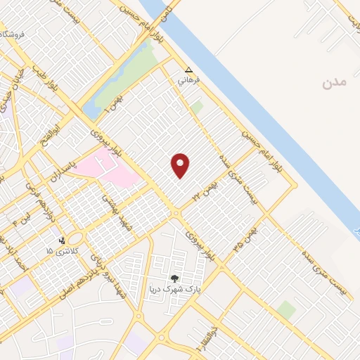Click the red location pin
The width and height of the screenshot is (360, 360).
tap(181, 165)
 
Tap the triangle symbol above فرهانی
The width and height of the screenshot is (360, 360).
tap(188, 70)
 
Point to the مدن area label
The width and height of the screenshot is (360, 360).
tap(335, 82)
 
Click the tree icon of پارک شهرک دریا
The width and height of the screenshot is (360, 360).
tap(175, 278)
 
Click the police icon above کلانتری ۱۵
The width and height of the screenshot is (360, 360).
tap(63, 240)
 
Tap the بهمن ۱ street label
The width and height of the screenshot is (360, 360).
tap(110, 107)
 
